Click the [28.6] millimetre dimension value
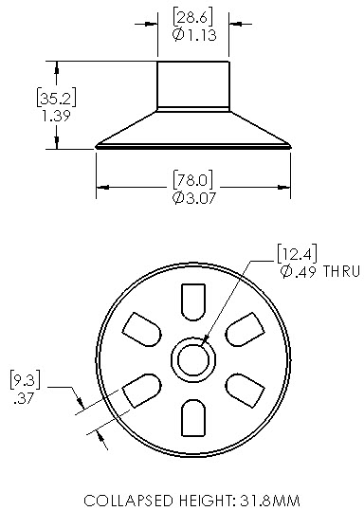(193, 17)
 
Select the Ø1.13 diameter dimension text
(194, 34)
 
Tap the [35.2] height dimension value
(56, 97)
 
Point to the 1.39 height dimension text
(56, 116)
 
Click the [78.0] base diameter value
(193, 179)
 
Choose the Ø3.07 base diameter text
(194, 198)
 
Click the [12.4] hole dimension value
(297, 253)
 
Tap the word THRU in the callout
(342, 271)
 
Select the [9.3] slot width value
(26, 379)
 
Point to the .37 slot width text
(24, 398)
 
